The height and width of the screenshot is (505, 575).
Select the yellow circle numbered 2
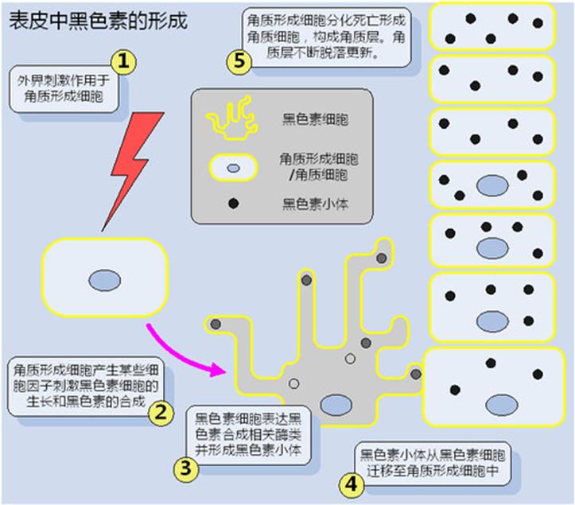click(162, 413)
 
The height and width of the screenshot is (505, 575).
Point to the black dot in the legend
click(233, 203)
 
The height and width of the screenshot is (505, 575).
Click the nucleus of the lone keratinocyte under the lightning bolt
click(103, 280)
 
